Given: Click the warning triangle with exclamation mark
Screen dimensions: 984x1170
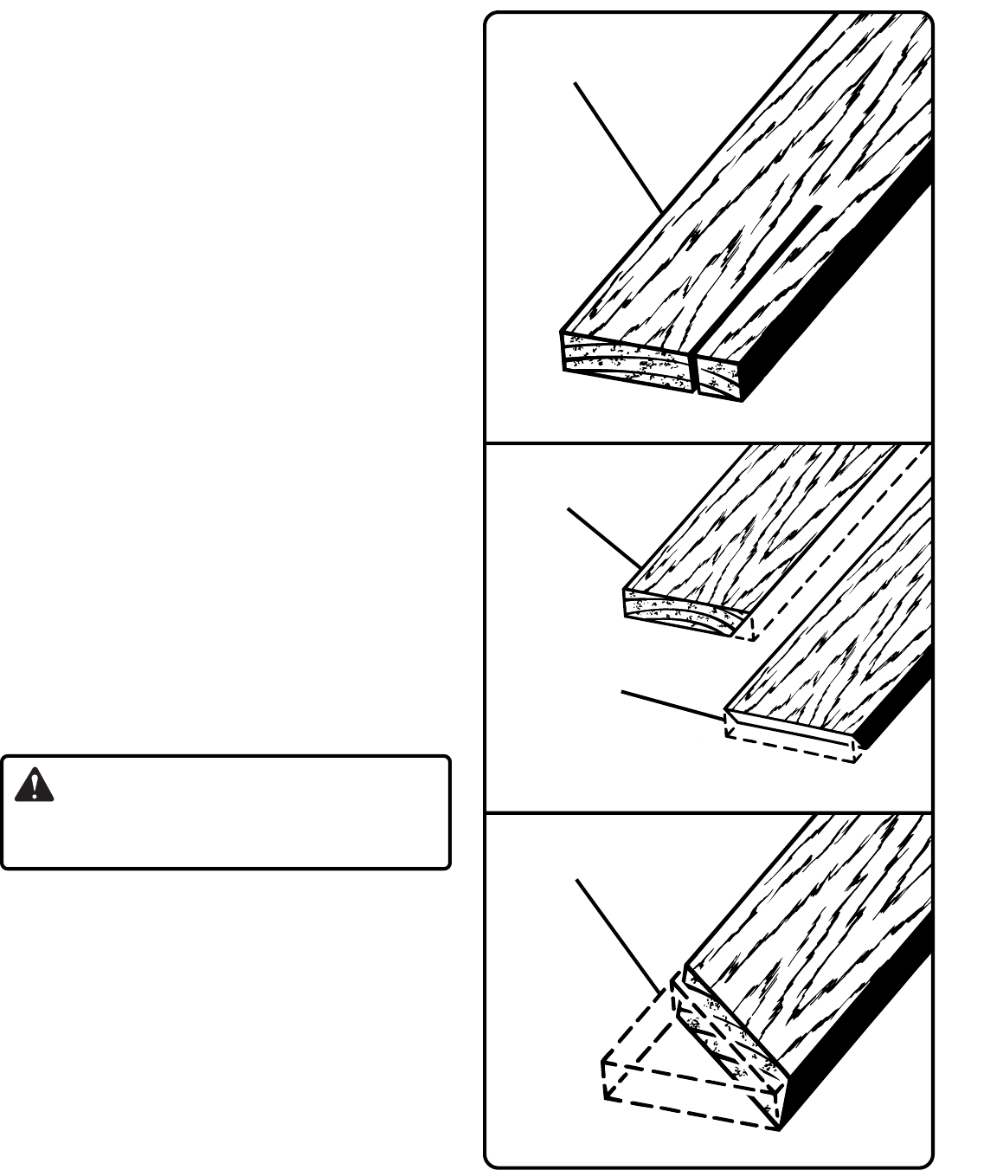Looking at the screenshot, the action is tap(34, 785).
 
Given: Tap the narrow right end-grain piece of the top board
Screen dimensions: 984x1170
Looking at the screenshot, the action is tap(719, 376).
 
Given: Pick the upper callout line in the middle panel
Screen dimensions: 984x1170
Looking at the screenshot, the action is tap(604, 538).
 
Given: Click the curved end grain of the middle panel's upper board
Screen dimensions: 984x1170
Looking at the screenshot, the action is tap(684, 611).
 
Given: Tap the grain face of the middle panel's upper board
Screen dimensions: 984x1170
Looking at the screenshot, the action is tap(762, 528).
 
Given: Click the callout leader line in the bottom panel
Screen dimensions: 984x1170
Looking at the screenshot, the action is tap(619, 935).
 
